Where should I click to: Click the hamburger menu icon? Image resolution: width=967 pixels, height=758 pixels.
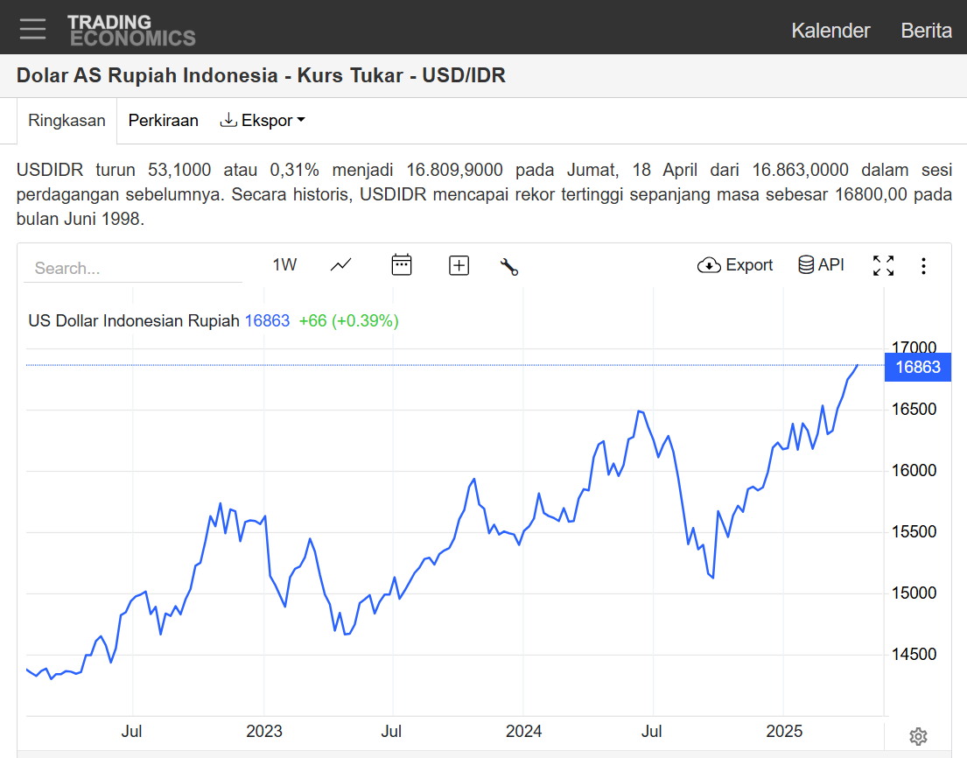coord(33,29)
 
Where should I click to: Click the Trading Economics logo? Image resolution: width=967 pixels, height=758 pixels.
coord(131,30)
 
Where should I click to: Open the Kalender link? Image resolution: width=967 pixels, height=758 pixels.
coord(830,31)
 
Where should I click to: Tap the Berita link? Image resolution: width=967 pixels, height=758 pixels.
coord(926,31)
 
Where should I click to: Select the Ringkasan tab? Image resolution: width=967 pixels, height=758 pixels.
coord(67,121)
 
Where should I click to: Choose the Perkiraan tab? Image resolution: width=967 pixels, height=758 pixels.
coord(164,121)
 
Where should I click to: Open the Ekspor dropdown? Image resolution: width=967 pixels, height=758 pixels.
coord(262,121)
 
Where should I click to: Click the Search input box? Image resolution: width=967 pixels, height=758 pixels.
coord(133,268)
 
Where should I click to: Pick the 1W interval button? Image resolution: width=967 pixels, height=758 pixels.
coord(284,265)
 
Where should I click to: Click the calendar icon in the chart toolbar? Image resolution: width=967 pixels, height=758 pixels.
coord(402,265)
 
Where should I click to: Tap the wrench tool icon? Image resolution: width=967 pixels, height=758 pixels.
coord(509,266)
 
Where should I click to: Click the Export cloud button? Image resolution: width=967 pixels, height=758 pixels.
coord(735,265)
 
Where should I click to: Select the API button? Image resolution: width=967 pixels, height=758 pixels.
coord(821,265)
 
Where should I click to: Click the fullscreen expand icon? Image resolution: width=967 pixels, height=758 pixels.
coord(883,265)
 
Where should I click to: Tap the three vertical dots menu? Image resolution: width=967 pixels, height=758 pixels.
coord(923,266)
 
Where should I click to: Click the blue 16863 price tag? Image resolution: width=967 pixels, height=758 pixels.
coord(918,368)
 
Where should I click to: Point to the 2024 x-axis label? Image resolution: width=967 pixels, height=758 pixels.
coord(524,731)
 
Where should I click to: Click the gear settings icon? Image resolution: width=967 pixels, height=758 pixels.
coord(918,736)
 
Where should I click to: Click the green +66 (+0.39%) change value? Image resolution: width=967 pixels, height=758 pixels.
coord(348,321)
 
